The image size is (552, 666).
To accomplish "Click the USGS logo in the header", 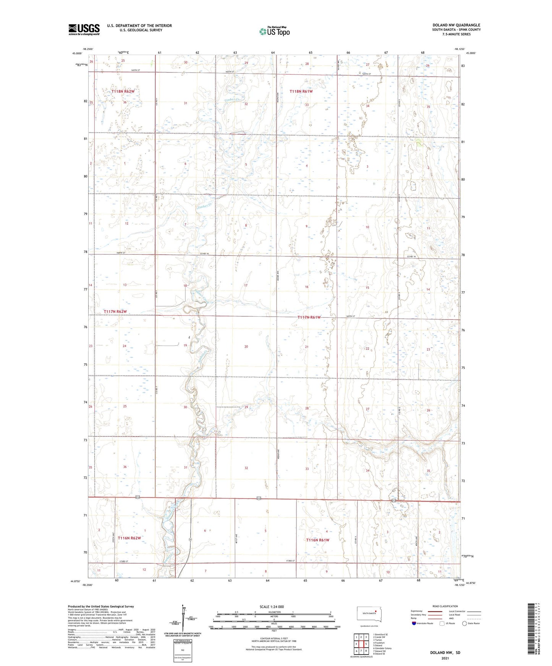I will coord(84,29).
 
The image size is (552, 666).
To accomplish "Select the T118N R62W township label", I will coord(123,92).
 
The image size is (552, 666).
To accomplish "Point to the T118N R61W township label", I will coord(301,92).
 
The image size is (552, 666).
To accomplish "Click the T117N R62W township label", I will coord(115,312).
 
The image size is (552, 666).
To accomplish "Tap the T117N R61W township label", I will coord(309,317).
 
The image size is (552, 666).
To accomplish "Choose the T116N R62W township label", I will coord(130,538).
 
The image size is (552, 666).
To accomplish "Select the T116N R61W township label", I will coord(317,540).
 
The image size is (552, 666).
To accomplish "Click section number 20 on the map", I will coord(246,346).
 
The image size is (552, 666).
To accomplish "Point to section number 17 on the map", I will coord(246,285).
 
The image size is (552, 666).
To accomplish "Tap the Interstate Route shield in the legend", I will coord(414,623).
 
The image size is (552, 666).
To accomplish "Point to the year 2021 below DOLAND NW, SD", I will coord(445,658).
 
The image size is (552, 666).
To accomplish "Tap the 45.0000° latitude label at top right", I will coord(469,53).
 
